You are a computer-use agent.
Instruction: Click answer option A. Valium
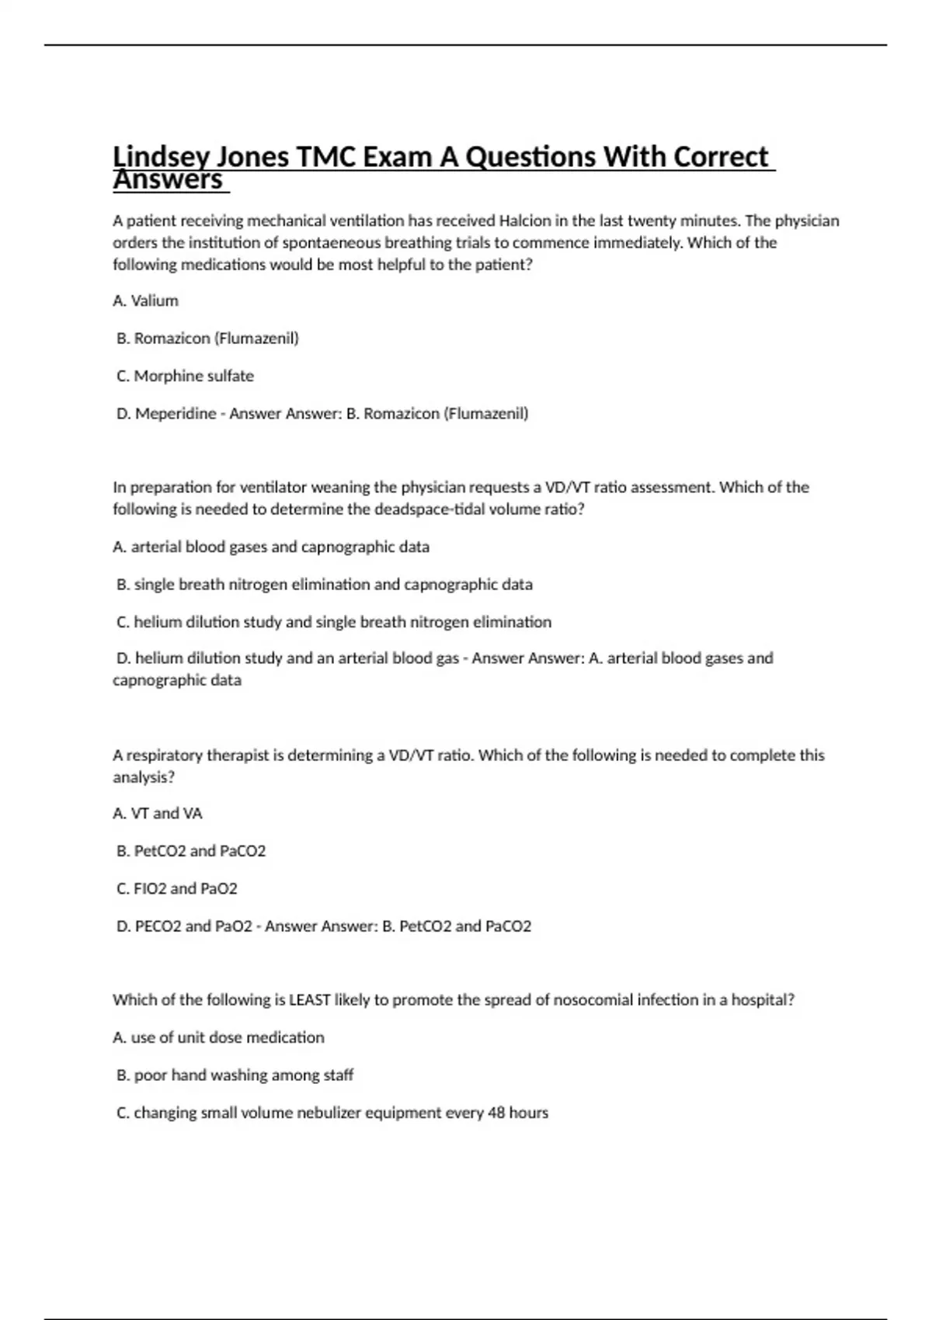[x=146, y=300]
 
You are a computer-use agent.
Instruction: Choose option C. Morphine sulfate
[x=186, y=376]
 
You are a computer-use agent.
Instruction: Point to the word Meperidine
[x=176, y=414]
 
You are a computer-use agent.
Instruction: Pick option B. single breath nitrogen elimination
[x=325, y=585]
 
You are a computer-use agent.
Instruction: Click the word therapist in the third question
[x=238, y=756]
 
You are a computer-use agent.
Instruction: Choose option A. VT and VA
[x=158, y=814]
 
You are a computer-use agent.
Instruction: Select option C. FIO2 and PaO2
[x=177, y=889]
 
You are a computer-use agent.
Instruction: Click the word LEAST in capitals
[x=310, y=1000]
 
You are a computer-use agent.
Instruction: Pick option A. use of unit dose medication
[x=219, y=1037]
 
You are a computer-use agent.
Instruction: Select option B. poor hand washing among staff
[x=235, y=1075]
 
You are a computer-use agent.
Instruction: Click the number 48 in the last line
[x=496, y=1113]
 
